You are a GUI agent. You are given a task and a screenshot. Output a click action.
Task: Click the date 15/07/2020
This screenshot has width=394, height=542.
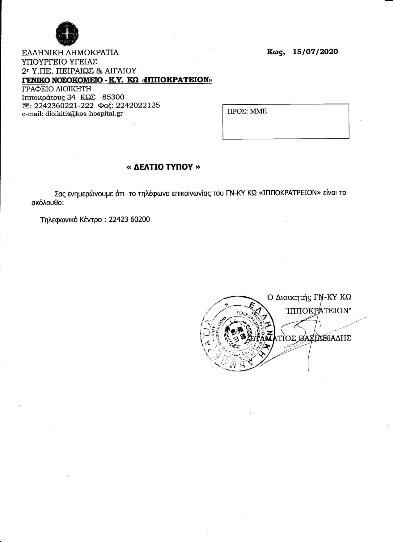click(315, 52)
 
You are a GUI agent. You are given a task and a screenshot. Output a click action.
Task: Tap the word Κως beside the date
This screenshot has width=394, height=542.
click(275, 52)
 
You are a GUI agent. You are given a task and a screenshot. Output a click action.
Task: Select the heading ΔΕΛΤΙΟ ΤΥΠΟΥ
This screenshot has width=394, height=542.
click(163, 167)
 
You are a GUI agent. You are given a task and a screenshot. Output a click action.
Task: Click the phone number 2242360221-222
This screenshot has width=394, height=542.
click(64, 105)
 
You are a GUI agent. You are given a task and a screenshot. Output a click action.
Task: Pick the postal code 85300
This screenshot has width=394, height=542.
click(113, 97)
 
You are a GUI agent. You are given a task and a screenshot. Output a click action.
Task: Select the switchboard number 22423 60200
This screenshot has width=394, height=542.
click(129, 219)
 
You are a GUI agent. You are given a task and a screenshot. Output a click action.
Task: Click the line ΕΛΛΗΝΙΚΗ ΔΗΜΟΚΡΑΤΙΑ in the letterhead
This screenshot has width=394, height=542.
click(70, 52)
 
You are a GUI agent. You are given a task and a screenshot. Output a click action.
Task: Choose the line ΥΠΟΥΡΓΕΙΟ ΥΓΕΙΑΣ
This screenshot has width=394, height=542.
click(60, 61)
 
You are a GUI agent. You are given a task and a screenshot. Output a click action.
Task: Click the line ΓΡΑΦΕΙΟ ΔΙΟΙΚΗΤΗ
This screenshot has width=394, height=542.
click(57, 89)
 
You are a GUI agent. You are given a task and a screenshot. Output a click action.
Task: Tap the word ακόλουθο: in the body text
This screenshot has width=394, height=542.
click(47, 203)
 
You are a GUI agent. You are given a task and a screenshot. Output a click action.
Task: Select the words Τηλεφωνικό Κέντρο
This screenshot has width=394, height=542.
click(71, 220)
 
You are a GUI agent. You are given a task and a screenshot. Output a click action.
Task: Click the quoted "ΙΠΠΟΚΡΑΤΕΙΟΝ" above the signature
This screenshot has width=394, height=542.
click(318, 311)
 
